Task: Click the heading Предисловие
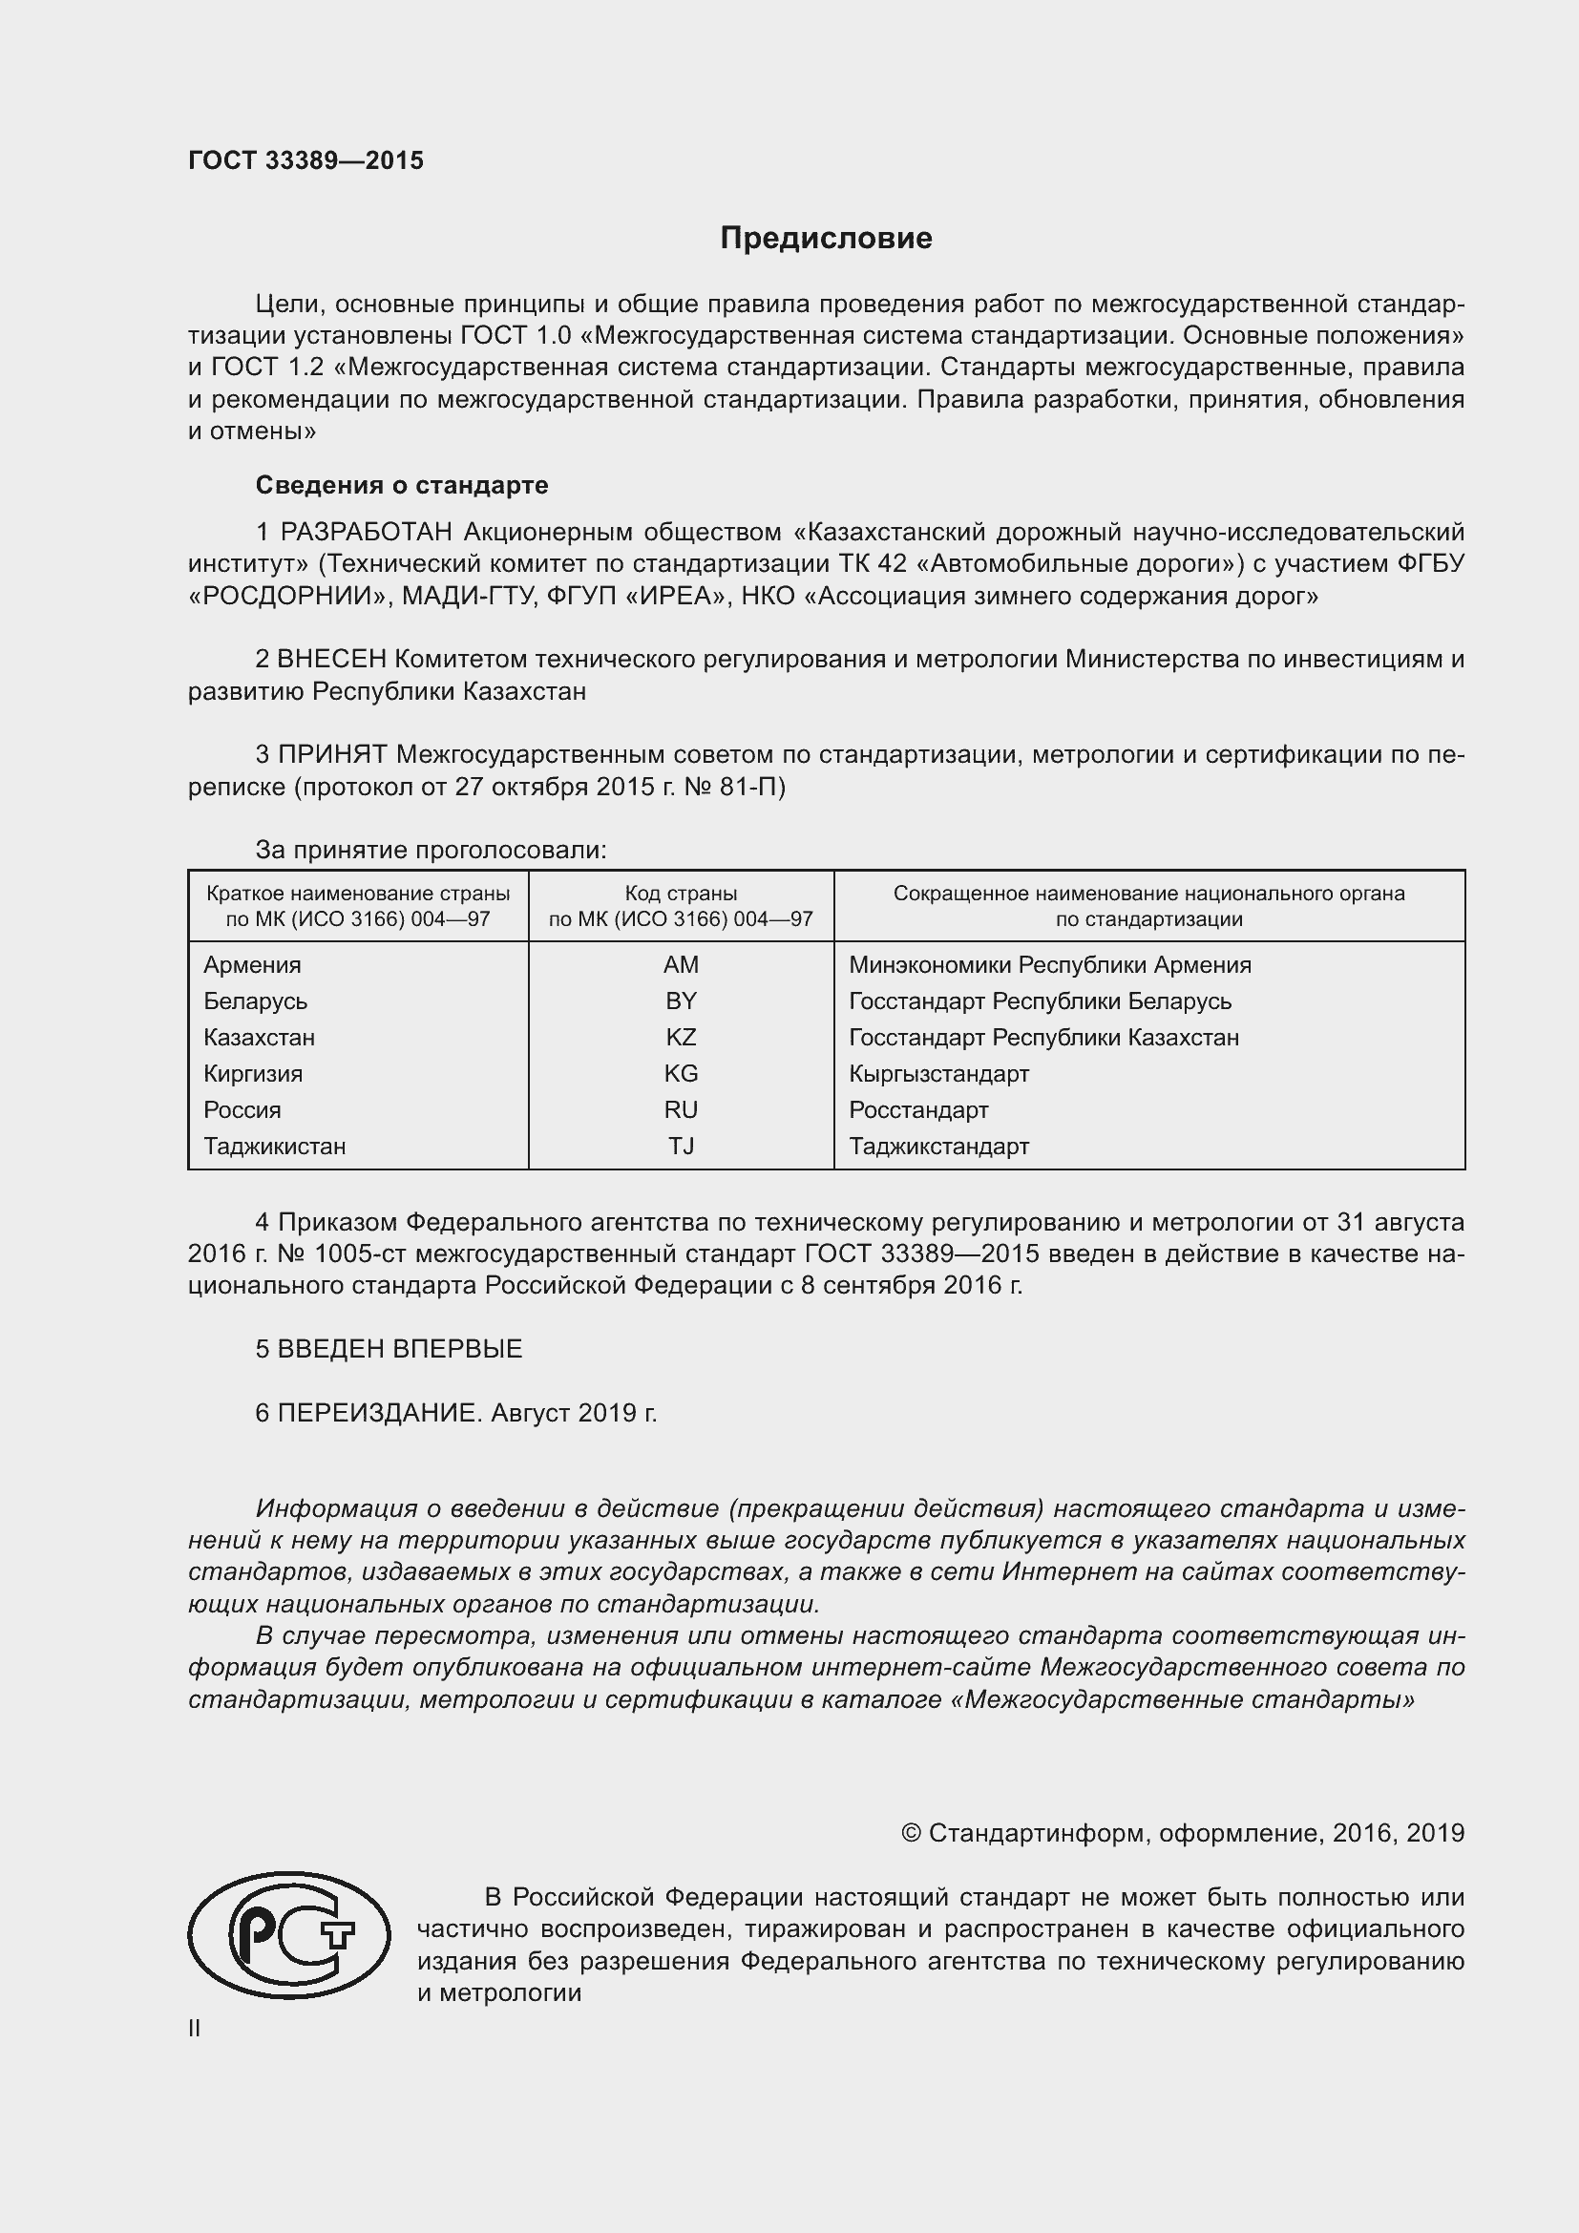(826, 239)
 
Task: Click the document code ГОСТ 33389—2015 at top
(305, 160)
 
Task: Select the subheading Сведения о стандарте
(402, 484)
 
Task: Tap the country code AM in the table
(681, 965)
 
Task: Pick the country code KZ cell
(681, 1037)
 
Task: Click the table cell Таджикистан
(274, 1146)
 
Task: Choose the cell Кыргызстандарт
(938, 1074)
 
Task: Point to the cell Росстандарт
(917, 1109)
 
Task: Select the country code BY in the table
(681, 1001)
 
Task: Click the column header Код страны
(681, 893)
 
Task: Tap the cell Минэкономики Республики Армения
(1049, 965)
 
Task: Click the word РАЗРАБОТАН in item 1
(367, 532)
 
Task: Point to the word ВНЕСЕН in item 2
(331, 660)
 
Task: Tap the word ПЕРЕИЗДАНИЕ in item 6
(379, 1412)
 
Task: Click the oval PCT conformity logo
(288, 1934)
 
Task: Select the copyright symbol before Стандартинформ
(910, 1833)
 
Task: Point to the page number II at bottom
(195, 2028)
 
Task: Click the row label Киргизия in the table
(253, 1074)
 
